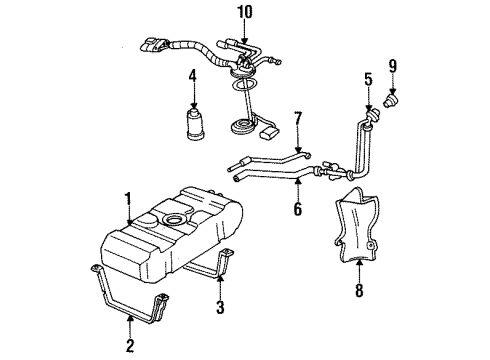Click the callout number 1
click(x=127, y=198)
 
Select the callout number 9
click(x=392, y=66)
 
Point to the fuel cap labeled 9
click(x=393, y=101)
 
